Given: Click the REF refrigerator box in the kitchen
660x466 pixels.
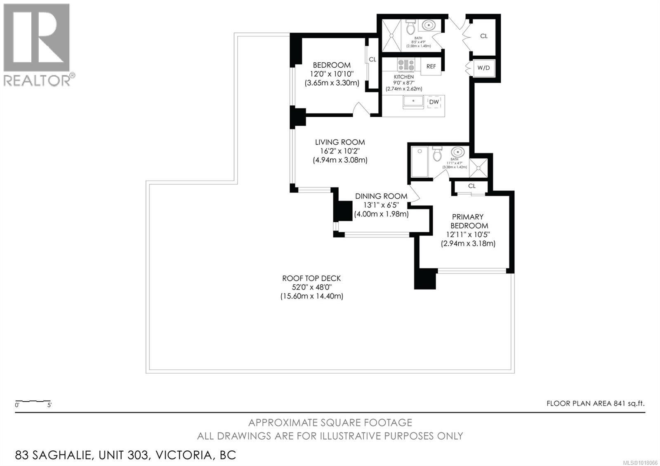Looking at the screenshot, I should tap(431, 66).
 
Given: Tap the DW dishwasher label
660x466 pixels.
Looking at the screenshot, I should tap(434, 102).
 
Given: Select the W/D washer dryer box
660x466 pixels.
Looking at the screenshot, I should tap(483, 68).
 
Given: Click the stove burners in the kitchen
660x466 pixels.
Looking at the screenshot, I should tap(406, 64).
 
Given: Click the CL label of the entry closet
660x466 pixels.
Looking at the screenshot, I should tap(484, 36).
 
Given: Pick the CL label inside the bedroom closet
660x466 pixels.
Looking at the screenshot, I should tap(372, 60).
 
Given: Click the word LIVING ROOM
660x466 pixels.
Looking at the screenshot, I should tap(340, 142).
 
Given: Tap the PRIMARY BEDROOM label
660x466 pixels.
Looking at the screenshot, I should tap(468, 221).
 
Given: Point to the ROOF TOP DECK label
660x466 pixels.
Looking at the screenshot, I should tap(311, 278).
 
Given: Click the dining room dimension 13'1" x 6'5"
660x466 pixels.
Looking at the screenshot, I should tap(381, 205).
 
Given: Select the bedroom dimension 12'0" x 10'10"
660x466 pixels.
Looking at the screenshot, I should tap(332, 74).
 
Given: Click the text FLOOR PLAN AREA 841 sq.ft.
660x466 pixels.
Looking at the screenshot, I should tap(595, 403).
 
